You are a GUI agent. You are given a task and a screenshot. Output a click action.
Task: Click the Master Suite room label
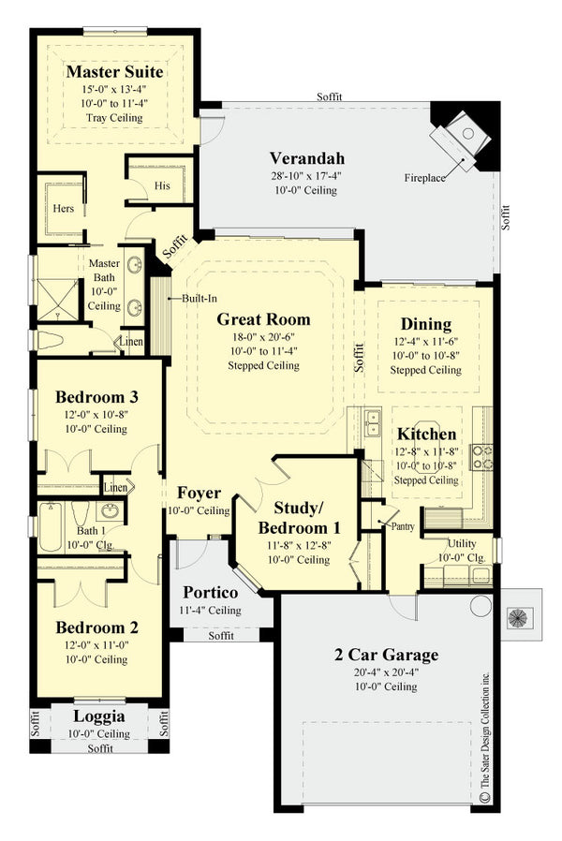[x=114, y=72]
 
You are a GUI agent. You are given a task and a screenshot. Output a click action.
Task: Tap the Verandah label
[x=307, y=157]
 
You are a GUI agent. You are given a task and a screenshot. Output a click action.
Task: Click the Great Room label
[x=263, y=319]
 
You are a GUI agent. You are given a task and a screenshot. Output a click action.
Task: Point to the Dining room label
[x=426, y=324]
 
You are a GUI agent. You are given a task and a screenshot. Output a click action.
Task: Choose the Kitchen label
[x=426, y=434]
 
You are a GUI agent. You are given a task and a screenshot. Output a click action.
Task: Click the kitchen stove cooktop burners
[x=481, y=456]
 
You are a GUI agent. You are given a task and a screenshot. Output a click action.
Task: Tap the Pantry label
[x=403, y=526]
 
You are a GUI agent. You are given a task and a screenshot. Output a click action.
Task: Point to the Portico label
[x=209, y=593]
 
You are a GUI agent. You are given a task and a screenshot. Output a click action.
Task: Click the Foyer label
[x=198, y=493]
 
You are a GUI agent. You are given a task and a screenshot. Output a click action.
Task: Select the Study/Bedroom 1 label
[x=298, y=517]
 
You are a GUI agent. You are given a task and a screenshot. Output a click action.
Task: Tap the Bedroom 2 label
[x=96, y=627]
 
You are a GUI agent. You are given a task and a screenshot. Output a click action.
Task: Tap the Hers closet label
[x=63, y=209]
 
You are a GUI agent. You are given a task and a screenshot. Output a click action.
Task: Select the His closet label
[x=162, y=185]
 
